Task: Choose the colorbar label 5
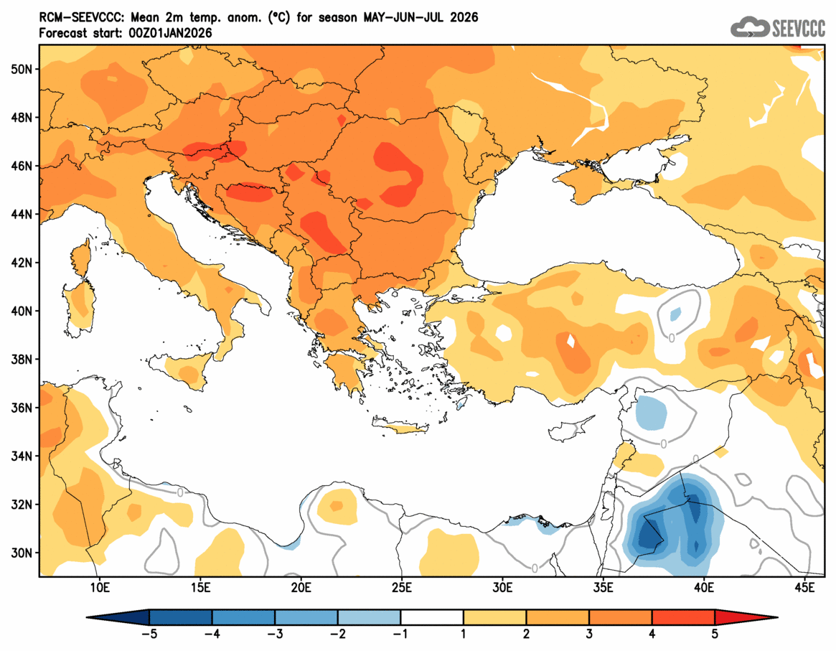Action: click(x=715, y=634)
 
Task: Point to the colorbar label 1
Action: click(x=463, y=634)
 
